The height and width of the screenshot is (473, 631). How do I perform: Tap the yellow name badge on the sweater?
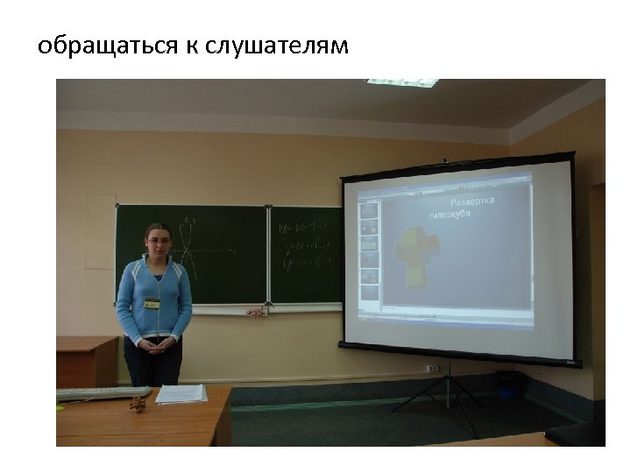[152, 303]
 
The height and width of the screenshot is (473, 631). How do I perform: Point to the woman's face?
[158, 241]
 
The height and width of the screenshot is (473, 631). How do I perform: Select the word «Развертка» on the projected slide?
[472, 201]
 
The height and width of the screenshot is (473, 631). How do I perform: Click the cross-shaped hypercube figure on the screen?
[415, 253]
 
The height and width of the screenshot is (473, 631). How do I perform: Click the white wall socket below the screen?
[432, 369]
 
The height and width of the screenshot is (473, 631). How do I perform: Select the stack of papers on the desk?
[181, 394]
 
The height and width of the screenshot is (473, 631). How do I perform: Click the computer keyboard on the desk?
[91, 392]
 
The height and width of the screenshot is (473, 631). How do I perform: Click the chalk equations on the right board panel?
[304, 245]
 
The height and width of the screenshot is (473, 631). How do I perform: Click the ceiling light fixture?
[403, 82]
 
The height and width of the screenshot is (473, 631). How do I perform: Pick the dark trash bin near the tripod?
[507, 384]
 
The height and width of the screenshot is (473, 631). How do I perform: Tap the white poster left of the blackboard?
[99, 231]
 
